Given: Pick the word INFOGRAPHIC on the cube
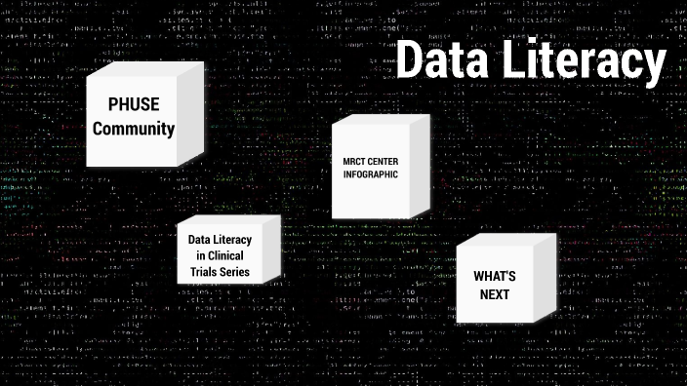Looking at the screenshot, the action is click(x=371, y=174).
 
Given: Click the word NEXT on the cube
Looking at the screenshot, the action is click(x=494, y=293).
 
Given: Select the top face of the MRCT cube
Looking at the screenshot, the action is click(x=381, y=121).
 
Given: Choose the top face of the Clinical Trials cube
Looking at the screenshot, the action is click(x=229, y=221).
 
